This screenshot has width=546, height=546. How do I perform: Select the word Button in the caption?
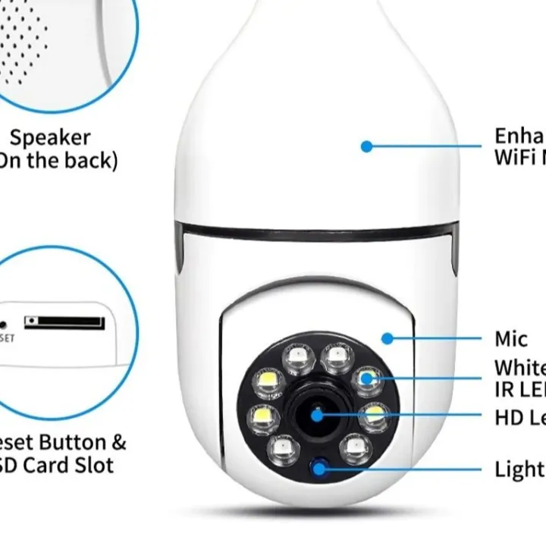(70, 442)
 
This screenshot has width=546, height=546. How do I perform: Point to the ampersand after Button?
(118, 442)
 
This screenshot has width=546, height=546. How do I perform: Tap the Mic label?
(511, 338)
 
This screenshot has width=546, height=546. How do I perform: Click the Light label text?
(520, 469)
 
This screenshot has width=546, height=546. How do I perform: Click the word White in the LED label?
(520, 368)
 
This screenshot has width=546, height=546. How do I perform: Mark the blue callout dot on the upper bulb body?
(367, 146)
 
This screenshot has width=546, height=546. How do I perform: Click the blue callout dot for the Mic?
(388, 338)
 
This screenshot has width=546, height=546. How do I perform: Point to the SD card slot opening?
(64, 322)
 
